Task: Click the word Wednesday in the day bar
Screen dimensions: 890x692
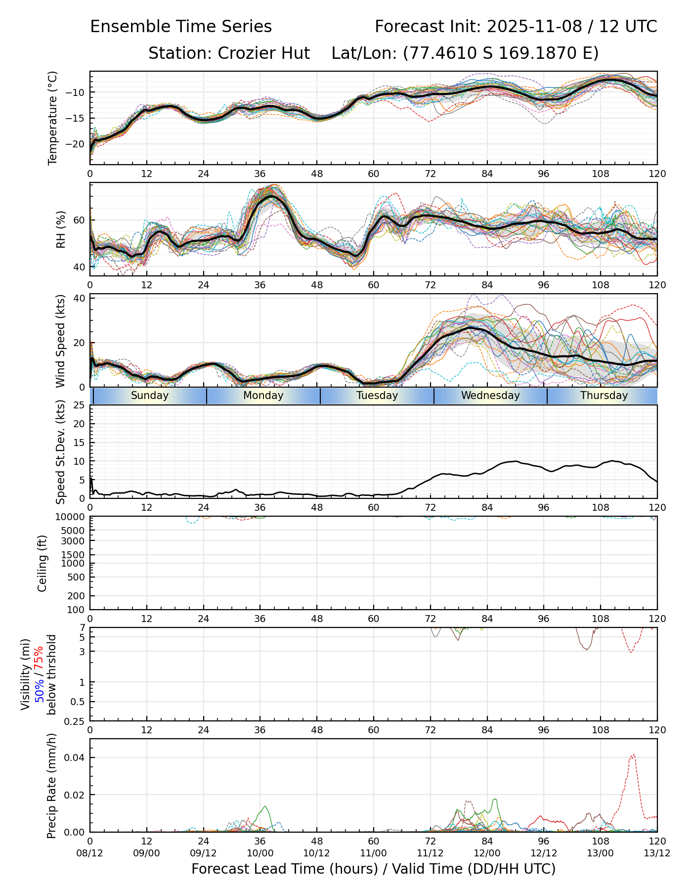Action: point(490,396)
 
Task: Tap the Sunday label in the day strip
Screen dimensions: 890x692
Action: point(150,396)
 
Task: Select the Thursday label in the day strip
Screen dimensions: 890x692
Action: point(604,396)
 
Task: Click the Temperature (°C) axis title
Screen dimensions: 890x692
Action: point(53,118)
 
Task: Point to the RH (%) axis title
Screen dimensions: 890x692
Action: point(61,229)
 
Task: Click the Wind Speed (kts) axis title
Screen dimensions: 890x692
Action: point(61,341)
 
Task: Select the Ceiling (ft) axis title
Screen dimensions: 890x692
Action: point(43,563)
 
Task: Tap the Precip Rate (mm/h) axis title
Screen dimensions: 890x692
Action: point(52,786)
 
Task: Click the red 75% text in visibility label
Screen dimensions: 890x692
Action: point(39,658)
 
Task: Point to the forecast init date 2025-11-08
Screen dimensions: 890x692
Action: point(534,27)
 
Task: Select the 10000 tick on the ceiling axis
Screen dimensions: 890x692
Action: point(72,517)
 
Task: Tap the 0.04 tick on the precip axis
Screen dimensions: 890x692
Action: point(76,757)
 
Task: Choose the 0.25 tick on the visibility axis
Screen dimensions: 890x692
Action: point(75,721)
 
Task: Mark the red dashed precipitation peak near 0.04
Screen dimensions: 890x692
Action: point(633,755)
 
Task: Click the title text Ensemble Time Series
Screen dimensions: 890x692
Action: point(181,27)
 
